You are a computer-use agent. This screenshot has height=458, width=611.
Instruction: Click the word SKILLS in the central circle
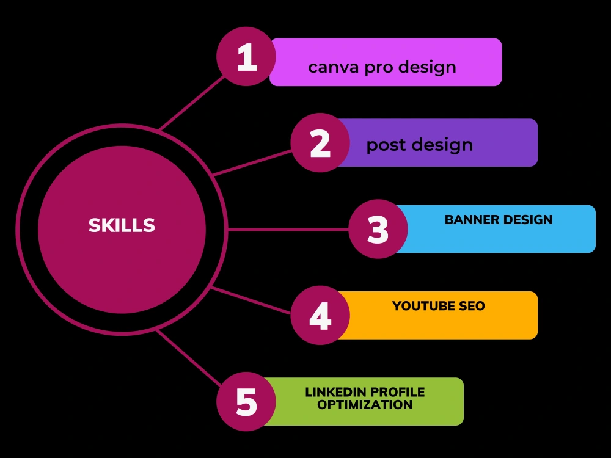[x=122, y=225]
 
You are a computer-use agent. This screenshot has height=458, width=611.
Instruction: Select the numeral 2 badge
[x=320, y=142]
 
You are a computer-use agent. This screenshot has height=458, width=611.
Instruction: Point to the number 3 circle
[x=378, y=229]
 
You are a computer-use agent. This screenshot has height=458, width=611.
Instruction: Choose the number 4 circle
[x=320, y=315]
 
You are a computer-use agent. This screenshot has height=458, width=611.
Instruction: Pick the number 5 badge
[x=246, y=402]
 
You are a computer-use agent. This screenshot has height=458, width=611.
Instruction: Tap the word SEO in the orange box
[x=472, y=306]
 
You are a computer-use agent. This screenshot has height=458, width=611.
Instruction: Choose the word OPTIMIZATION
[x=365, y=405]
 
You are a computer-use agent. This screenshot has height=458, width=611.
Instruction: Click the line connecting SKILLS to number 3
[x=288, y=230]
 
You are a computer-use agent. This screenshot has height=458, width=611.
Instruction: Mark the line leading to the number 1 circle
[x=192, y=103]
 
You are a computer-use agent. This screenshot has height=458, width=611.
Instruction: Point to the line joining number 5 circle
[x=189, y=358]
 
